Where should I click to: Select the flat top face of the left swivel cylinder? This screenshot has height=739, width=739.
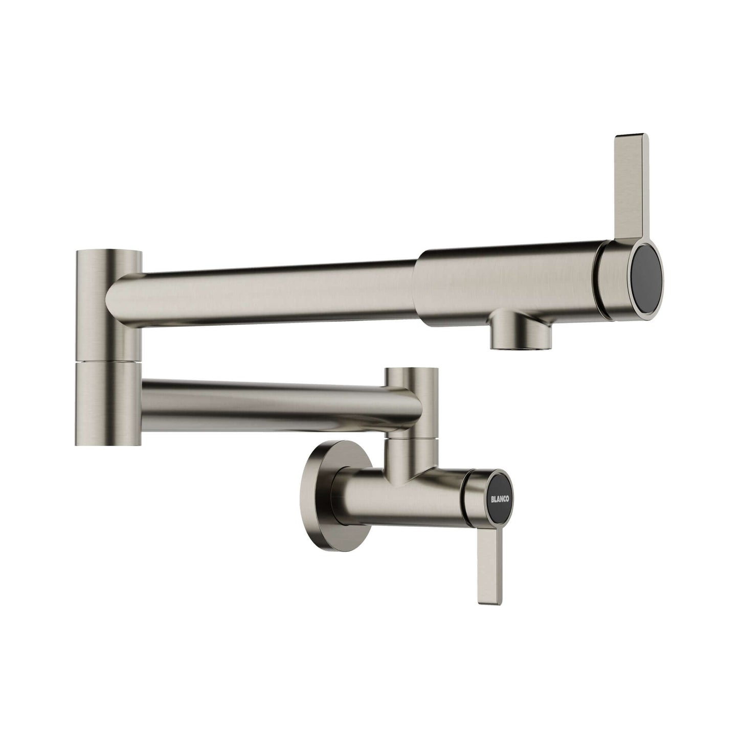point(108,252)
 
